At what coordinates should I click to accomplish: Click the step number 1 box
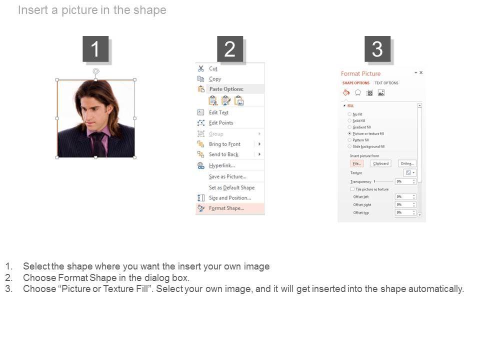tap(95, 49)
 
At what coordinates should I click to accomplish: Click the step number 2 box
tap(230, 49)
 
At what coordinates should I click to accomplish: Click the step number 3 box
tap(377, 49)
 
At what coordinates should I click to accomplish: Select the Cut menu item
tap(213, 68)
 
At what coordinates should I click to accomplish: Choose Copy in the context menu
tap(215, 79)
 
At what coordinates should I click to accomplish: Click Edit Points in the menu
tap(221, 123)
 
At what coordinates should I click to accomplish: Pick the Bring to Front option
tap(224, 144)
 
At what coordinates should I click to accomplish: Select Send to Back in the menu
tap(223, 154)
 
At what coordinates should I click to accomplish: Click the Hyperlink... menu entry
tap(221, 165)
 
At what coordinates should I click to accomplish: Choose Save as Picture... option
tap(227, 176)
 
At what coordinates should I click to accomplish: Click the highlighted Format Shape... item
tap(226, 208)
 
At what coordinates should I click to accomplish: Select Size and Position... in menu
tap(229, 198)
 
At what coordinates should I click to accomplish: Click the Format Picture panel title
tap(360, 73)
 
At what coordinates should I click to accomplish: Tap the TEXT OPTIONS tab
tap(386, 83)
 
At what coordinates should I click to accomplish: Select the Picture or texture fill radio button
tap(349, 134)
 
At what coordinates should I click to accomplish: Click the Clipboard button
tap(380, 163)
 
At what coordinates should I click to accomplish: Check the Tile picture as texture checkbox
tap(352, 189)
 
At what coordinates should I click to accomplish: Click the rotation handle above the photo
tap(96, 71)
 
